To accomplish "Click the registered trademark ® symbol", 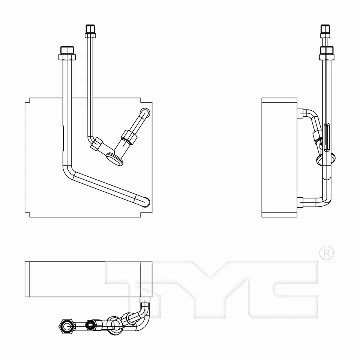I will pyautogui.click(x=326, y=253).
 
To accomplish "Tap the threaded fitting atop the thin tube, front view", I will pyautogui.click(x=90, y=31).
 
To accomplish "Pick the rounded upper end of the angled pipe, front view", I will pyautogui.click(x=145, y=112).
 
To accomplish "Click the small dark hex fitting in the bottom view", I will pyautogui.click(x=90, y=324).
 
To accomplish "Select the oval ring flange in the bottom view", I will pyautogui.click(x=115, y=323).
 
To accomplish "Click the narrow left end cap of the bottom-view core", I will pyautogui.click(x=27, y=279).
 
